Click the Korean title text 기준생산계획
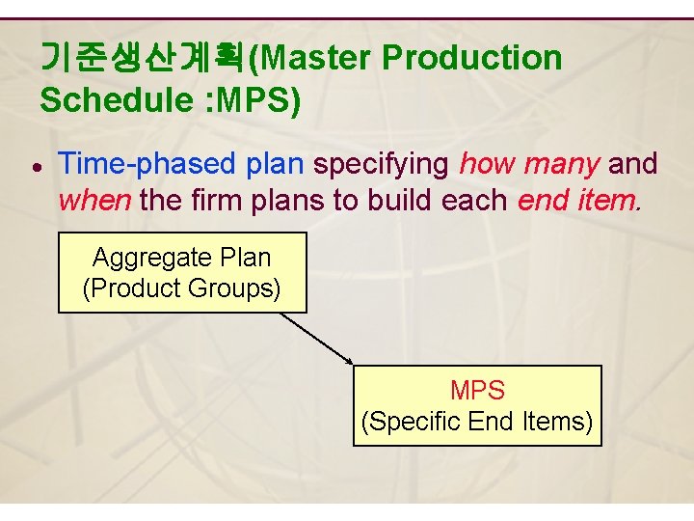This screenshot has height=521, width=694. (143, 59)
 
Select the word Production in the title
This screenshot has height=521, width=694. (471, 59)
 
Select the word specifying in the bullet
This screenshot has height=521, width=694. (382, 164)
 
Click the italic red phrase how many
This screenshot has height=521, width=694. (529, 164)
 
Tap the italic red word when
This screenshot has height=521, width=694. (95, 201)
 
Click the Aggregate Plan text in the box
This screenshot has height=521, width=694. (182, 258)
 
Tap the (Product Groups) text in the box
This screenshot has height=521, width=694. (182, 288)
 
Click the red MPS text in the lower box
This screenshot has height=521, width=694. (477, 391)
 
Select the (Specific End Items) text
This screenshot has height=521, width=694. (477, 422)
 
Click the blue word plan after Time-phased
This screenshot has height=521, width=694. (276, 164)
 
